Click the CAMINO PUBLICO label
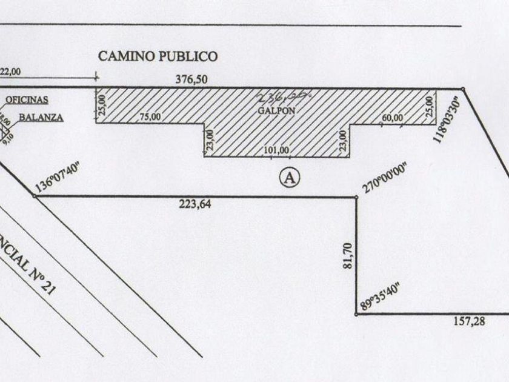pos(158,56)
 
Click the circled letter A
pos(290,177)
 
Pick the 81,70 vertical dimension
pos(347,254)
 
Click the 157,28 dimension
pos(469,322)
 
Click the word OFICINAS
pos(28,99)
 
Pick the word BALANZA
pos(40,117)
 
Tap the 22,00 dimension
pos(10,71)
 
